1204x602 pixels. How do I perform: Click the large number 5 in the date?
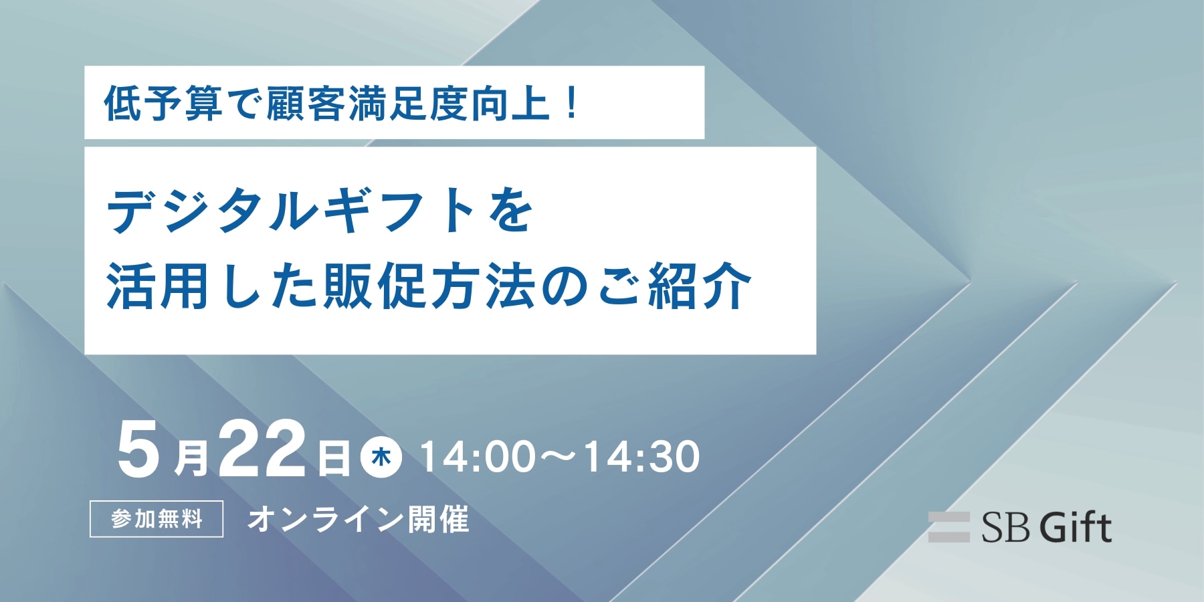tap(138, 449)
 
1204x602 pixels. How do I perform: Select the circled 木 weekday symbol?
tap(381, 458)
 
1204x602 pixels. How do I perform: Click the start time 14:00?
tap(478, 457)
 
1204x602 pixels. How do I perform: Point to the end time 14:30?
tap(641, 457)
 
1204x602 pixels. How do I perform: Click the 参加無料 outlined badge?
tap(157, 519)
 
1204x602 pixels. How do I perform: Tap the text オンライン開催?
tap(358, 519)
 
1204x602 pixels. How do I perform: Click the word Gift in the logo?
tap(1076, 527)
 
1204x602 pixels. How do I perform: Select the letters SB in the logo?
tap(1005, 528)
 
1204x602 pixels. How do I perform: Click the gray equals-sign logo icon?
tap(948, 527)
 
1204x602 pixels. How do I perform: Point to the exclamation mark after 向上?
tap(571, 104)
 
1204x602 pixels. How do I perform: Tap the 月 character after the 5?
tap(191, 458)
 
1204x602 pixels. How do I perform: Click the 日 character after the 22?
tap(333, 458)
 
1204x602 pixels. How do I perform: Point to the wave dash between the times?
tap(559, 457)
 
